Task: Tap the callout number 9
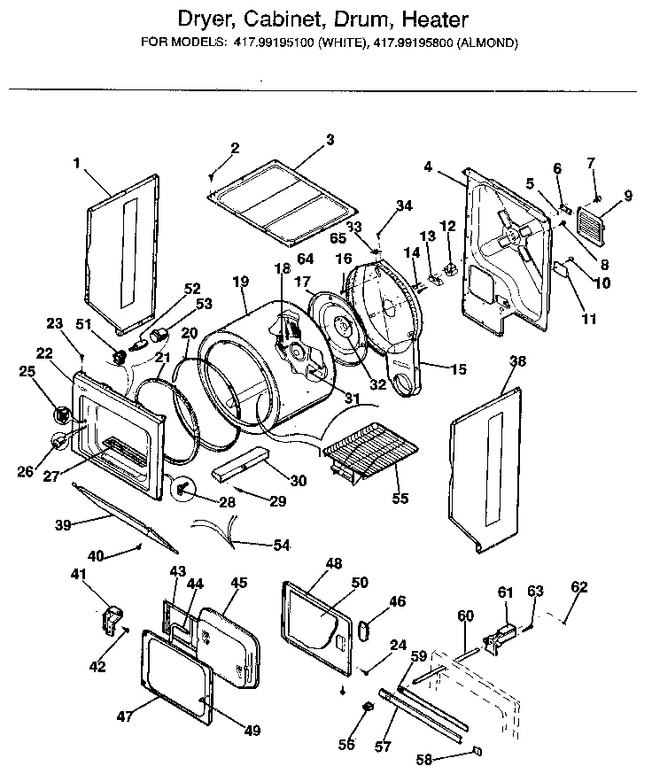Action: [627, 196]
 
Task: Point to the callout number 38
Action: [518, 361]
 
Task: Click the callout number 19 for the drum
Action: [239, 282]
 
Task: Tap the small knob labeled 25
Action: [62, 414]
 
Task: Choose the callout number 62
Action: [578, 586]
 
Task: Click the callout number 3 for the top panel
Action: [330, 139]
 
